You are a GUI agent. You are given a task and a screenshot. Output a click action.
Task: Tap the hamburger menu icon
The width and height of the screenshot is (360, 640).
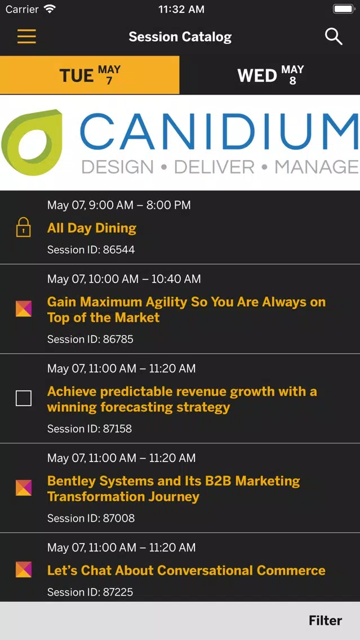click(x=26, y=37)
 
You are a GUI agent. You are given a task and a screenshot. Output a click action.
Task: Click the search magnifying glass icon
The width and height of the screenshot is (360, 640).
click(x=334, y=37)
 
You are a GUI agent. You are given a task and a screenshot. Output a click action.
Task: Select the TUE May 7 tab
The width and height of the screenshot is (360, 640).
click(x=90, y=75)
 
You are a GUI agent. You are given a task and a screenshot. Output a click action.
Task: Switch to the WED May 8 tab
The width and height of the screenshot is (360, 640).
click(x=270, y=75)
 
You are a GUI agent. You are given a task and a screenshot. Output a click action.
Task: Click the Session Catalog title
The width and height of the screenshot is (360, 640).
click(x=180, y=37)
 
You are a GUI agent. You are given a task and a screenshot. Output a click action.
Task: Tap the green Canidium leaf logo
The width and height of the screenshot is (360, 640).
click(x=32, y=143)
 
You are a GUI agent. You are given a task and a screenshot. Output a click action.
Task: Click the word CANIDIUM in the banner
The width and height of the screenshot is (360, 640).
click(x=219, y=131)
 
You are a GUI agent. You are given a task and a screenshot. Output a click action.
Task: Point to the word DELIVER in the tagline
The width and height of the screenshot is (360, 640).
click(x=214, y=167)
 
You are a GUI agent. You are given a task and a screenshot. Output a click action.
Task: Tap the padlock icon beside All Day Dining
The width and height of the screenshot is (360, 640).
click(x=24, y=227)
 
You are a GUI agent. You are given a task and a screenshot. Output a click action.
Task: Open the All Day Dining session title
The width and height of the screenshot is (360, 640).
click(x=92, y=228)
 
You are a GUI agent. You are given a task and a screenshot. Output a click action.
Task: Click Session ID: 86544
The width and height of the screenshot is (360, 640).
click(x=91, y=250)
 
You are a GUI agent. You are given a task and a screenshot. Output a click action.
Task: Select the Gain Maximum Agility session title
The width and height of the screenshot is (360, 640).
click(x=186, y=310)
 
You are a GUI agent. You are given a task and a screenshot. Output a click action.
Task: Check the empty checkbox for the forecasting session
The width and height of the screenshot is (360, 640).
click(x=24, y=398)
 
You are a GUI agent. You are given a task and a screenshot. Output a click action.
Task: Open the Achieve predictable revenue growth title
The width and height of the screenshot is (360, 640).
click(x=182, y=399)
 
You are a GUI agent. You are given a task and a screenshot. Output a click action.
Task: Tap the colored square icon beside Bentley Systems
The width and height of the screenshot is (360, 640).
click(x=24, y=488)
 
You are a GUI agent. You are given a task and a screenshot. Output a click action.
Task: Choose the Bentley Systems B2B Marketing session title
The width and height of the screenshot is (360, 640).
click(x=174, y=488)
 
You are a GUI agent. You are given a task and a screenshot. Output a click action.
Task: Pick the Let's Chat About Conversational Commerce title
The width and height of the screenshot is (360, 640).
click(x=186, y=570)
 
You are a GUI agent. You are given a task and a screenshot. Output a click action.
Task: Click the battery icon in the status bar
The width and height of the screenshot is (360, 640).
click(x=344, y=10)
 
